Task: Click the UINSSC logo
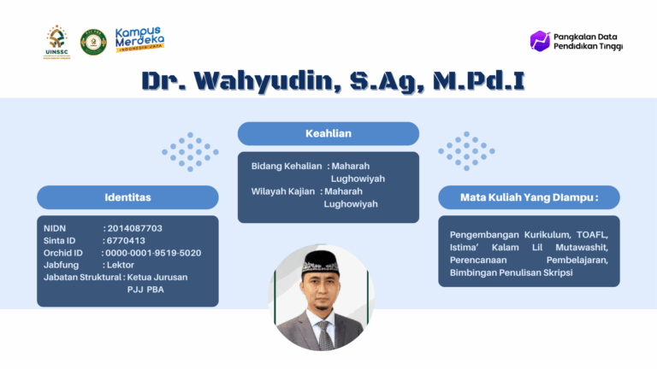(x=57, y=42)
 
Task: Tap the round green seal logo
(x=93, y=42)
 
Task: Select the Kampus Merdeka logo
(x=139, y=39)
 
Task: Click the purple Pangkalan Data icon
(x=540, y=41)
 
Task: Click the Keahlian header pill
(x=328, y=133)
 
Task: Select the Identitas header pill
(x=127, y=197)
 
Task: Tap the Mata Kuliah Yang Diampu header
(x=529, y=197)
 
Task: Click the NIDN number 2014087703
(x=135, y=228)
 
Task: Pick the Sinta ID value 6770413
(x=126, y=241)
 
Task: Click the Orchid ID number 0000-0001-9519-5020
(x=153, y=253)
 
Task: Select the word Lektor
(x=121, y=265)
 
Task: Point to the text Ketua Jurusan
(x=157, y=278)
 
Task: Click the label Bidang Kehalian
(x=287, y=166)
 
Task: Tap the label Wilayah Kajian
(x=283, y=191)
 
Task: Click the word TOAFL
(x=592, y=235)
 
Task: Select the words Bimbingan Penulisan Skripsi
(x=512, y=272)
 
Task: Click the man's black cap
(x=321, y=264)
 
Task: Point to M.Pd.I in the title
(x=479, y=80)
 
